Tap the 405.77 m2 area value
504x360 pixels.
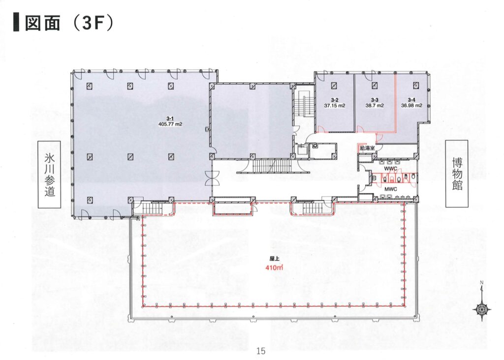click(x=170, y=124)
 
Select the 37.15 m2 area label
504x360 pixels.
click(x=335, y=105)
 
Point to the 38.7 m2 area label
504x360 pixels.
click(x=375, y=105)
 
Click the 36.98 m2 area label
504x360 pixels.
click(x=412, y=105)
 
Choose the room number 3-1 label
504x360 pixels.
click(x=170, y=119)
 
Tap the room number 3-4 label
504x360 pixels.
click(x=412, y=100)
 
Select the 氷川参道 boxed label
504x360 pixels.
click(x=50, y=175)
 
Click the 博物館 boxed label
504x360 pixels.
click(x=457, y=174)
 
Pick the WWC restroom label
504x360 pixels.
click(x=390, y=169)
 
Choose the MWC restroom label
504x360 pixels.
click(x=390, y=189)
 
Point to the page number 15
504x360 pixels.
click(x=261, y=351)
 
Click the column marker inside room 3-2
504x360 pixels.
click(x=335, y=85)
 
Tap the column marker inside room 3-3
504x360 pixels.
click(x=375, y=85)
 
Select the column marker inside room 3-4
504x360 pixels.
click(x=416, y=85)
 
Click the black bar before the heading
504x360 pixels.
click(x=16, y=23)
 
